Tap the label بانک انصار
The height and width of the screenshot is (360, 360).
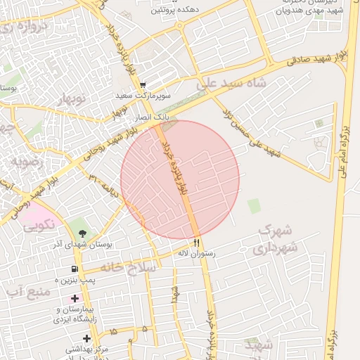coord(151,113)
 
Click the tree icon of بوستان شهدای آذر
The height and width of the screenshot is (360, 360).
coord(84,234)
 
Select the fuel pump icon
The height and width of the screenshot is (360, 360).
coord(74,269)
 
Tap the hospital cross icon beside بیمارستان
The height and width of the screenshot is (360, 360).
coord(75,299)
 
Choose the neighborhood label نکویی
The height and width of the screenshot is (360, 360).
coord(36,227)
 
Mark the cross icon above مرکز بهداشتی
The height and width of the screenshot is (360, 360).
coord(86,338)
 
